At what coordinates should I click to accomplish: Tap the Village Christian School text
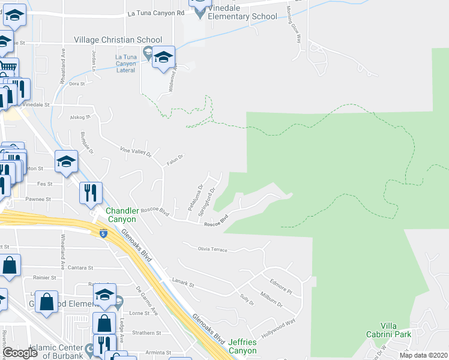pyautogui.click(x=113, y=40)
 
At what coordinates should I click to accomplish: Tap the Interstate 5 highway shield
pyautogui.click(x=103, y=233)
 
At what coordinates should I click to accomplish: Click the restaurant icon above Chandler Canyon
pyautogui.click(x=91, y=193)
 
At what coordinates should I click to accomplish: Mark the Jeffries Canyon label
pyautogui.click(x=243, y=346)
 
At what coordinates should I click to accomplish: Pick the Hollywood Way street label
pyautogui.click(x=279, y=329)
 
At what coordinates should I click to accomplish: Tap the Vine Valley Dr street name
pyautogui.click(x=136, y=151)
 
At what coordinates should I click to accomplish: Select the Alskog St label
pyautogui.click(x=79, y=117)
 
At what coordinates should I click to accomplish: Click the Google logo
pyautogui.click(x=20, y=353)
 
